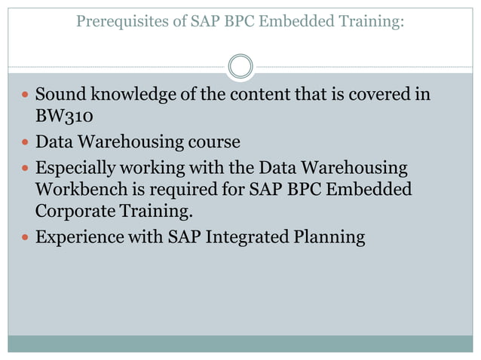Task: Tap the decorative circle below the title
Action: click(240, 66)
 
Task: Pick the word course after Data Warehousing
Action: click(213, 142)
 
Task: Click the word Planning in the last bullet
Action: click(332, 237)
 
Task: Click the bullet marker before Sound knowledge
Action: click(26, 96)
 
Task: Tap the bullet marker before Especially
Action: click(26, 167)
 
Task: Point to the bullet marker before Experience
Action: click(26, 238)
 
